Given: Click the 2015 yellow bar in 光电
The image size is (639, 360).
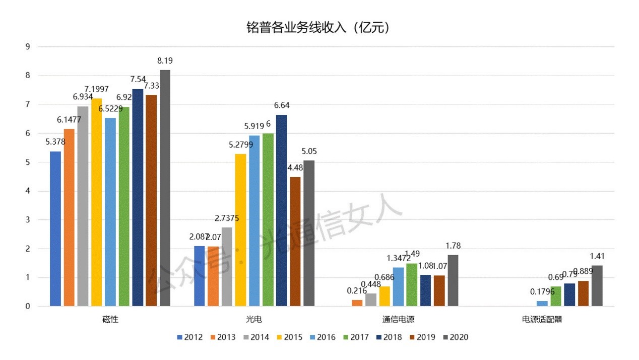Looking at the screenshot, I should [x=240, y=230].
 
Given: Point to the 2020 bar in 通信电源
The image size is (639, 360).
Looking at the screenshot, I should [x=453, y=280].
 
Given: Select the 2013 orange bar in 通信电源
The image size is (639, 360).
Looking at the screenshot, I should [x=357, y=303].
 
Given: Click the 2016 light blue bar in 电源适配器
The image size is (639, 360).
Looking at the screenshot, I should [x=542, y=304].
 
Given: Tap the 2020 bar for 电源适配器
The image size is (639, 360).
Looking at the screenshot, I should [x=597, y=285].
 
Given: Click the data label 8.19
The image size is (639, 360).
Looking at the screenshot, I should [x=165, y=61].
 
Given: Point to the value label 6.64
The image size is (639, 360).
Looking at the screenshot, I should [x=281, y=105].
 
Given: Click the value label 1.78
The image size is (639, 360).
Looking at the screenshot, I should [x=453, y=246].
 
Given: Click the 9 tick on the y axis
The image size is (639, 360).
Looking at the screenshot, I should [x=28, y=47].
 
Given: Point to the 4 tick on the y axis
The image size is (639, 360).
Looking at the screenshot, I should [x=28, y=191].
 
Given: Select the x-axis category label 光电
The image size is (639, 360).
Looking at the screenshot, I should [x=254, y=319].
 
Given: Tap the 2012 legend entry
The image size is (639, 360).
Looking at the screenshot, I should [x=189, y=337].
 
